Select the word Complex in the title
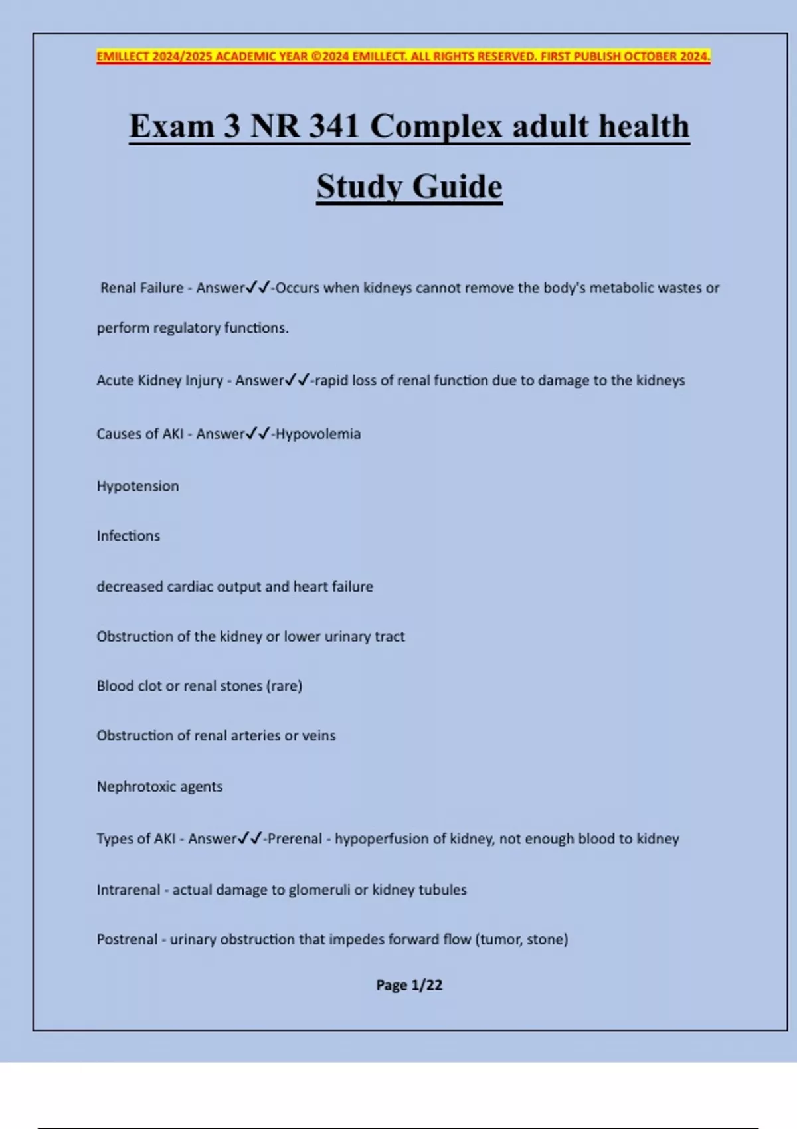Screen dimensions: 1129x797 pyautogui.click(x=436, y=126)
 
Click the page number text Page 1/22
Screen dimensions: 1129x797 pyautogui.click(x=409, y=985)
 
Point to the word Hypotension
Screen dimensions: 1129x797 pyautogui.click(x=137, y=486)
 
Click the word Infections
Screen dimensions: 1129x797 pyautogui.click(x=128, y=536)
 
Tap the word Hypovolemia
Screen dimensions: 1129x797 pyautogui.click(x=318, y=434)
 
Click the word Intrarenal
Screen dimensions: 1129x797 pyautogui.click(x=128, y=890)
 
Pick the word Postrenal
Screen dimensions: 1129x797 pyautogui.click(x=127, y=940)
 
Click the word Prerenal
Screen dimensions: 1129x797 pyautogui.click(x=295, y=839)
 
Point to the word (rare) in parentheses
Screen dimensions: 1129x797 pyautogui.click(x=284, y=686)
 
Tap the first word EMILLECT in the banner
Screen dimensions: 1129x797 pyautogui.click(x=123, y=56)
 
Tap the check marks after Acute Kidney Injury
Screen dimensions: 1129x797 pyautogui.click(x=297, y=380)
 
